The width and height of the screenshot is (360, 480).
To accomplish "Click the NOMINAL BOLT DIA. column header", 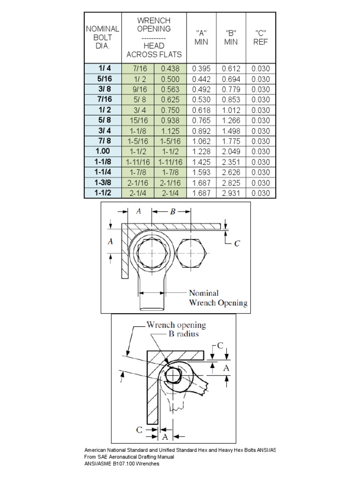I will point(103,37).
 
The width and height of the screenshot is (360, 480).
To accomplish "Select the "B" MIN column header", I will point(231,37).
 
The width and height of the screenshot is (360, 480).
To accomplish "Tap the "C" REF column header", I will point(261,37).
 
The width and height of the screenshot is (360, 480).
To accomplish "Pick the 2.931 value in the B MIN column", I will point(231,193).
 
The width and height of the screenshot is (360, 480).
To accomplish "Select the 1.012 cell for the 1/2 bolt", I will point(231,110).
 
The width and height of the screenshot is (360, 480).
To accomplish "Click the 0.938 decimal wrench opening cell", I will point(171,120).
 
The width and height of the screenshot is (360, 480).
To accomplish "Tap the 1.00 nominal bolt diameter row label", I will point(103,151).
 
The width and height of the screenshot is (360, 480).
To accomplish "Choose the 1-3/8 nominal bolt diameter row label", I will point(103,183).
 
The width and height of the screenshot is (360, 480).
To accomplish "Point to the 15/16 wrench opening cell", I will point(138,120).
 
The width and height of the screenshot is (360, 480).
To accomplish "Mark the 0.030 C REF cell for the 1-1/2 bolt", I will point(261,193).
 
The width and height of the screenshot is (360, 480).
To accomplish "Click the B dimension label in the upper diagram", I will point(172,212).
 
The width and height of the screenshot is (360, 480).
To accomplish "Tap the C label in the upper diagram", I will point(237,244).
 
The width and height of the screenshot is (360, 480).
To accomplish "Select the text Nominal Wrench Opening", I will point(217,298).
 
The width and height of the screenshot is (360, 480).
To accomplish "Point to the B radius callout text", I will point(186,335).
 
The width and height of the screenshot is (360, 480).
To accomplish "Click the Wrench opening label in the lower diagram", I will point(176,324).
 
